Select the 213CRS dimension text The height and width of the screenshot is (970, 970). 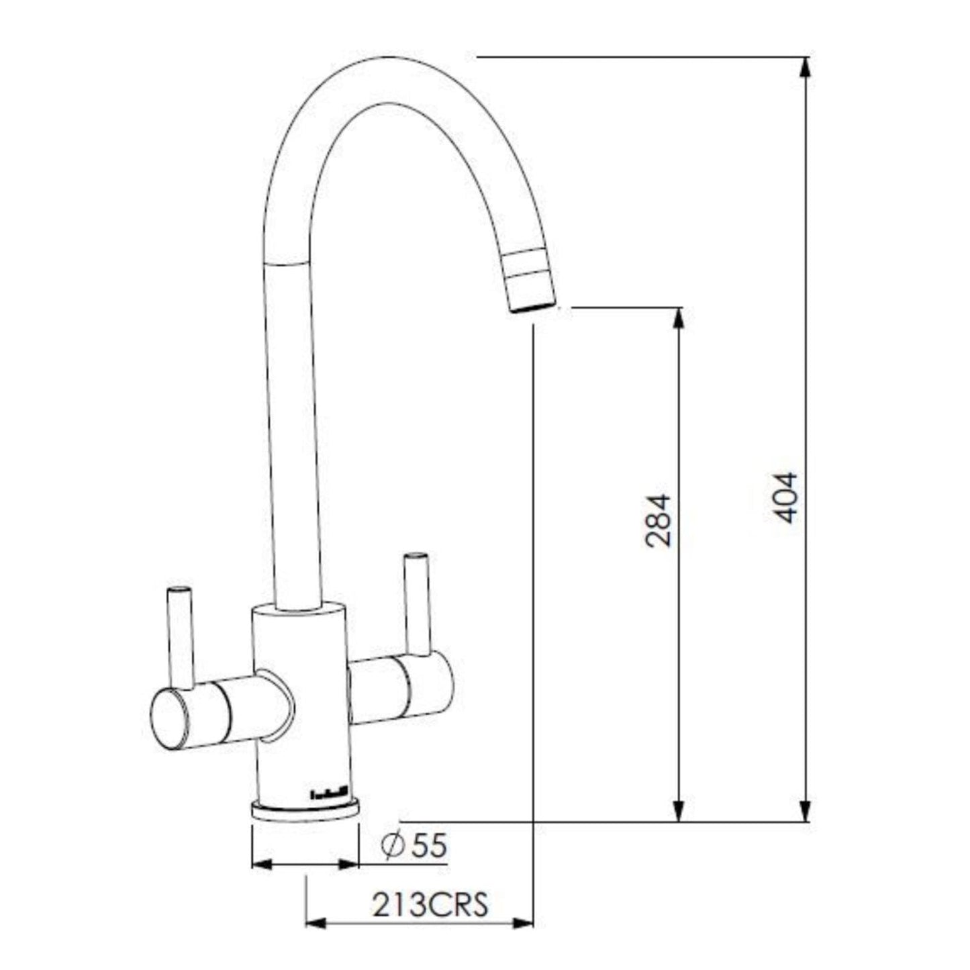tap(430, 905)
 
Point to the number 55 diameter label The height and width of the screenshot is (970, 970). tap(428, 845)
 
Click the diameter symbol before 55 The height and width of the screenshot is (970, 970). tap(392, 846)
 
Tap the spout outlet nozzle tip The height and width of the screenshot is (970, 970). tap(534, 306)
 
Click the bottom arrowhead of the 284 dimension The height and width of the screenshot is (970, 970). tap(679, 811)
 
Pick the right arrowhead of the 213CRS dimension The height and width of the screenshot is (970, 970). tap(523, 924)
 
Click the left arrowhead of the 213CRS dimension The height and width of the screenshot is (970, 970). tap(316, 924)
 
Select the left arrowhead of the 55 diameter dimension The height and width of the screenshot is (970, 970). tap(262, 865)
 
